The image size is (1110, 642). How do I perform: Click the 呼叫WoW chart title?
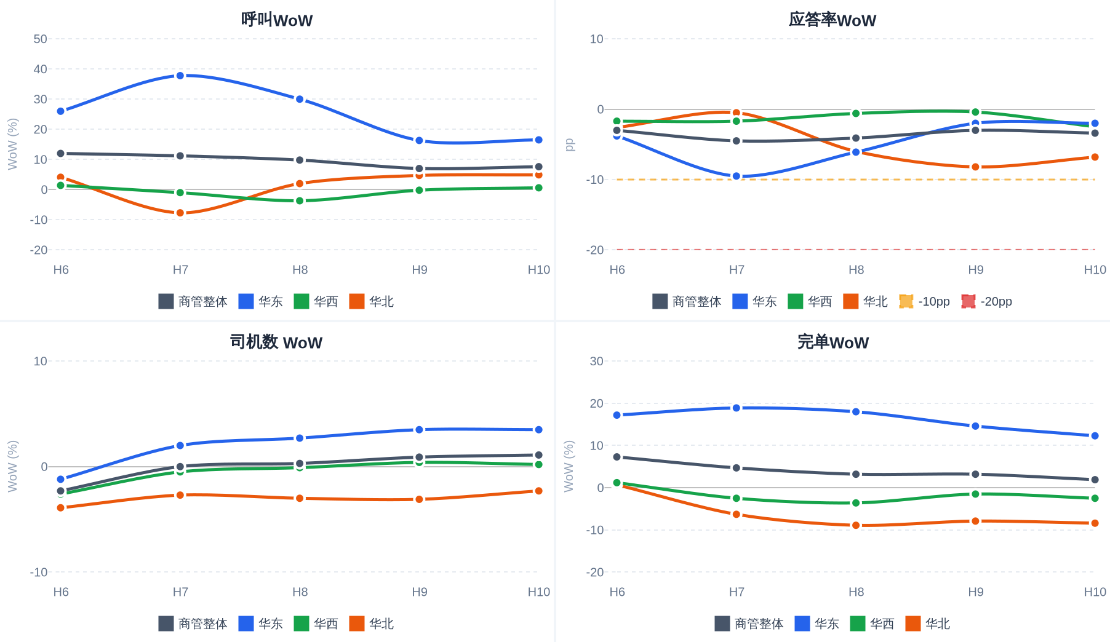tap(277, 20)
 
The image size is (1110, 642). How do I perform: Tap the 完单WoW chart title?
tap(833, 342)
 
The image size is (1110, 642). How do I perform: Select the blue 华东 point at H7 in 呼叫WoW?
tap(180, 76)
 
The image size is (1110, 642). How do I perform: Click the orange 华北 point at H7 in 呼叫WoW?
tap(180, 213)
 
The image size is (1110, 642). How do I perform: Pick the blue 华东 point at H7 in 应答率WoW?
tap(737, 176)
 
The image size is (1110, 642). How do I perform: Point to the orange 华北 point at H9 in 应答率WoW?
tap(975, 167)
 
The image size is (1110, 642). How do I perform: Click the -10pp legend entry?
tap(924, 301)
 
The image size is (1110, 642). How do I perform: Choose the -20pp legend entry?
tap(986, 301)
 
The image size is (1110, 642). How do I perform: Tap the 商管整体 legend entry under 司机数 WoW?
tap(193, 624)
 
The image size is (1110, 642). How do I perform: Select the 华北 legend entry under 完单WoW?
tap(927, 624)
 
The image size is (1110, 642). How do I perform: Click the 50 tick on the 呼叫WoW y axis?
tap(40, 39)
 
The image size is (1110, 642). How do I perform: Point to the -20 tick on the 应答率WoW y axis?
tap(595, 250)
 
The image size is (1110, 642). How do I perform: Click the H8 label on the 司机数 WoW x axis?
tap(300, 592)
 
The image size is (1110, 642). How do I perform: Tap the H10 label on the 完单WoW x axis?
tap(1095, 592)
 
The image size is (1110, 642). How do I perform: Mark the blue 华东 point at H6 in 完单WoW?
tap(617, 415)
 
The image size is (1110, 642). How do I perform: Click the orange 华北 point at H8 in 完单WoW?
tap(856, 525)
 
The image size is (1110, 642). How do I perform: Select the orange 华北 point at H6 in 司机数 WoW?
tap(61, 507)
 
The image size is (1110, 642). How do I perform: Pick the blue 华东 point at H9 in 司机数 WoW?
tap(419, 430)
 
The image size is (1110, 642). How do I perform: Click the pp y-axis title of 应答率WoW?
tap(569, 145)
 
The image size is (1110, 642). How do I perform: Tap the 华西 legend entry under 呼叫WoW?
tap(316, 301)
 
